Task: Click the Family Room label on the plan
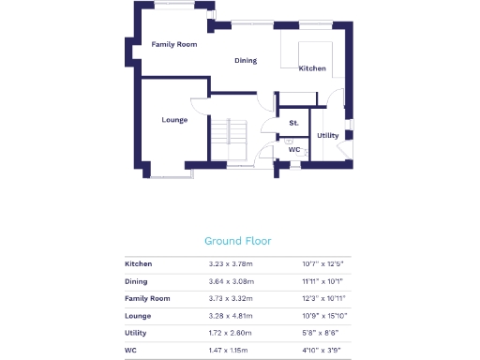[174, 44]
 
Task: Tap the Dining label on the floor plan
[246, 61]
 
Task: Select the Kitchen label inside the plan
[312, 69]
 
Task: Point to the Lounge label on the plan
[174, 120]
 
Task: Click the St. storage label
[293, 123]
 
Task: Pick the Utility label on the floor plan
[328, 136]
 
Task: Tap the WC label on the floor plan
[293, 150]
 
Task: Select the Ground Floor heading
[238, 241]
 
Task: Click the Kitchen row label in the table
[139, 264]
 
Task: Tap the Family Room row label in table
[148, 298]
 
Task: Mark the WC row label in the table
[130, 350]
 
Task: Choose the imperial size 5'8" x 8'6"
[322, 333]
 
